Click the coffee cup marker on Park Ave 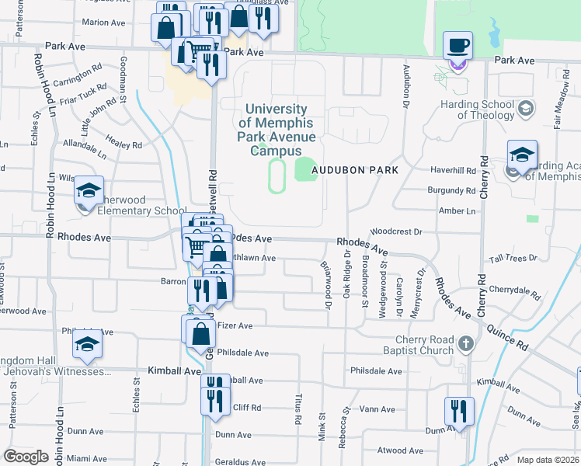point(457,45)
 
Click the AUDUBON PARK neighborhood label point(355,170)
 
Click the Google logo point(26,457)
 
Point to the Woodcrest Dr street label point(396,231)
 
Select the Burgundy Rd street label point(451,190)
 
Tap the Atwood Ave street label point(400,450)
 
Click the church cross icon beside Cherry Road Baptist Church point(464,343)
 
